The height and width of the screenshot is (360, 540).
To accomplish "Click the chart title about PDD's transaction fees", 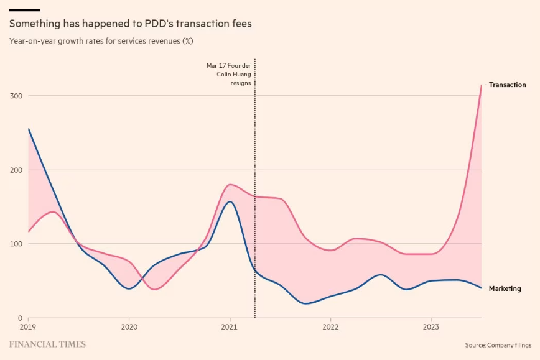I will (x=130, y=24).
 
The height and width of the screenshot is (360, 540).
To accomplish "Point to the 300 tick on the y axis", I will (x=17, y=96).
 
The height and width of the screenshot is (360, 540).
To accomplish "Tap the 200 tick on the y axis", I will (x=17, y=170).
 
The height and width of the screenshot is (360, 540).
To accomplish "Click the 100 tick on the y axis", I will (x=17, y=244).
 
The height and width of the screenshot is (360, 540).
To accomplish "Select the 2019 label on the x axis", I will (x=28, y=326).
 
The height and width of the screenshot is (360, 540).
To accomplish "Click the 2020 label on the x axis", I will (x=129, y=326).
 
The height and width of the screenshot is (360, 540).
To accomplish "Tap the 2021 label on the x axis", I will (x=230, y=326).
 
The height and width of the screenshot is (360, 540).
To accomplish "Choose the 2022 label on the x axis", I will (x=330, y=326).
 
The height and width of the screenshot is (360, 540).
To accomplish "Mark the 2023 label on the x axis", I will (x=431, y=326).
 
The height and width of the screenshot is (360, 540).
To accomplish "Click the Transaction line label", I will (x=507, y=85).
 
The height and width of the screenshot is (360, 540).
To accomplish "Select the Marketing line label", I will (x=505, y=288).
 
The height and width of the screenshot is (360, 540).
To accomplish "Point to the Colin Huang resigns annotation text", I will (x=229, y=73).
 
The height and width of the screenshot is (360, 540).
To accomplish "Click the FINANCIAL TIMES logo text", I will (x=47, y=344).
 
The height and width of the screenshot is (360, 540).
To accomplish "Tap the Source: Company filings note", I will (x=498, y=344).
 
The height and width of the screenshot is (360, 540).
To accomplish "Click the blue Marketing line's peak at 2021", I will (x=230, y=201).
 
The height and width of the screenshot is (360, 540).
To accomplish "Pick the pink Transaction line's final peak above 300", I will (x=481, y=86).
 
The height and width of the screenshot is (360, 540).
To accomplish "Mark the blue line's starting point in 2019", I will (x=29, y=129).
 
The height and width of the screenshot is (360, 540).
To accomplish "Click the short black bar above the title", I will (x=25, y=10).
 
